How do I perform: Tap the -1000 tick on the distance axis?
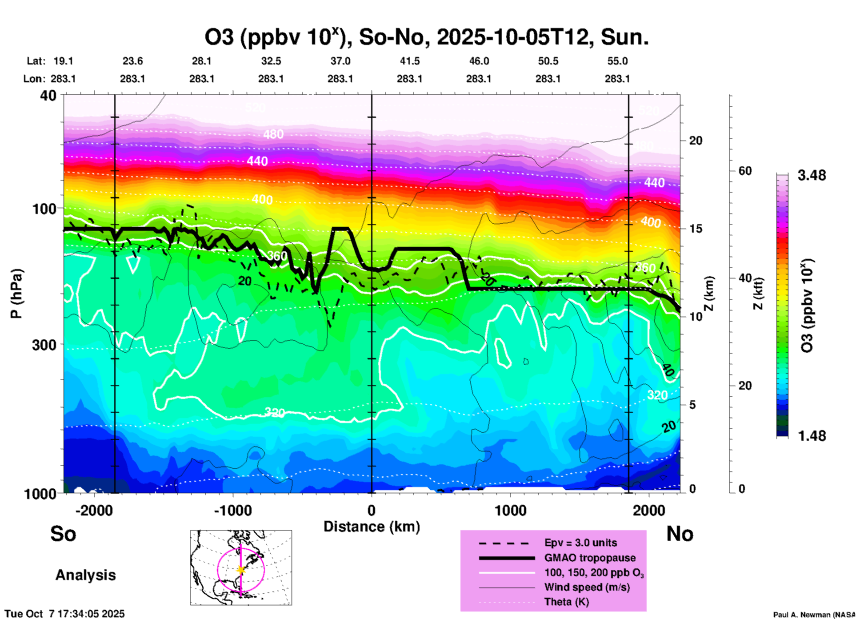coord(233,510)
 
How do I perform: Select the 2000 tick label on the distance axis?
coord(649,510)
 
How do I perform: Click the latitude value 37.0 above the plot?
coord(340,61)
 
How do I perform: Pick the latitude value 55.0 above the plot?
coord(617,61)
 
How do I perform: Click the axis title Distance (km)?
coord(372,527)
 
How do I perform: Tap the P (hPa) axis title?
coord(16,294)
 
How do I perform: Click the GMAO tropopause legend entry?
coord(590,558)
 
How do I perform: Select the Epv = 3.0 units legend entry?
coord(580,543)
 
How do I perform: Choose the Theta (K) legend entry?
coord(566,602)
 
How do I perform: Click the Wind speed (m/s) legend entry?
coord(587,587)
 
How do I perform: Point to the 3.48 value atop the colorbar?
coord(812,176)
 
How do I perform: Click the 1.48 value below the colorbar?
coord(812,436)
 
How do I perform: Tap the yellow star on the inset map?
coord(241,570)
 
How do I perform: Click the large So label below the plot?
coord(63,534)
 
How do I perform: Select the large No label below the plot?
coord(680,534)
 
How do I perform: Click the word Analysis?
coord(85,575)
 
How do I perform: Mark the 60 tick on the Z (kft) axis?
coord(745,171)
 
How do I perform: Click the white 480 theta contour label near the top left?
coord(273,134)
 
